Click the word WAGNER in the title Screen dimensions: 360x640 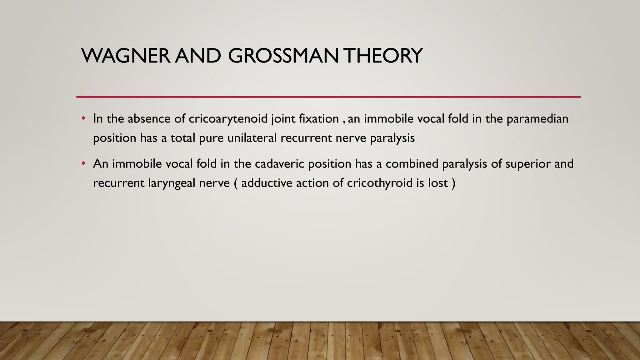point(126,56)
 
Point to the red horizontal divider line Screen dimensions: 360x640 point(328,97)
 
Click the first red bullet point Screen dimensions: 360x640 point(83,119)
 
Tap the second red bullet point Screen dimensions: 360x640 point(83,164)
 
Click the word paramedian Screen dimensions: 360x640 point(537,119)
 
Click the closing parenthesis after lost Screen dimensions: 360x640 point(453,183)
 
